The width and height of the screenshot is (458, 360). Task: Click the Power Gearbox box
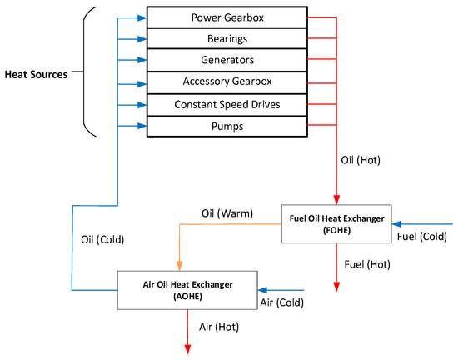[227, 17]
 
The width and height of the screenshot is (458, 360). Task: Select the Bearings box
[227, 38]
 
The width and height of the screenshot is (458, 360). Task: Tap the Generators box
[227, 60]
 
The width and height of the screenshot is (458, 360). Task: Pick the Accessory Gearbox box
[227, 82]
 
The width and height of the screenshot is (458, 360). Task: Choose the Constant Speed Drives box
[227, 105]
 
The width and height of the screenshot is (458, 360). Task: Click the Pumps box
[227, 126]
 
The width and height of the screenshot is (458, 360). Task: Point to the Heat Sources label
[36, 74]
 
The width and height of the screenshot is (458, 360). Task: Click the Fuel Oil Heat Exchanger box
[336, 224]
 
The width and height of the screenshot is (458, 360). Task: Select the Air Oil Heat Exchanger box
[187, 290]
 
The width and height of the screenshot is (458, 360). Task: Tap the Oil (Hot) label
[361, 160]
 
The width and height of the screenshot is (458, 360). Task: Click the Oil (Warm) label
[227, 213]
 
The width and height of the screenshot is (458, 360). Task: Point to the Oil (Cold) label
[102, 240]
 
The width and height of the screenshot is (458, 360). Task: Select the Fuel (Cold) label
[422, 237]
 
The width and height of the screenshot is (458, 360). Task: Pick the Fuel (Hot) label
[367, 264]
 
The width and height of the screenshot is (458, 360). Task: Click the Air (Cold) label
[282, 302]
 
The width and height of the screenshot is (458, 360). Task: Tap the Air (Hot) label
[219, 327]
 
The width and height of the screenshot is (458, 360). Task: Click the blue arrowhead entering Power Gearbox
[142, 18]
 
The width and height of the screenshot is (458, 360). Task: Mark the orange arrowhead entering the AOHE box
[180, 266]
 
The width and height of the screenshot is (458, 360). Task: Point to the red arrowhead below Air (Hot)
[188, 349]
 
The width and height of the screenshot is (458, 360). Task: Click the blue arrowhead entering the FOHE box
[396, 224]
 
